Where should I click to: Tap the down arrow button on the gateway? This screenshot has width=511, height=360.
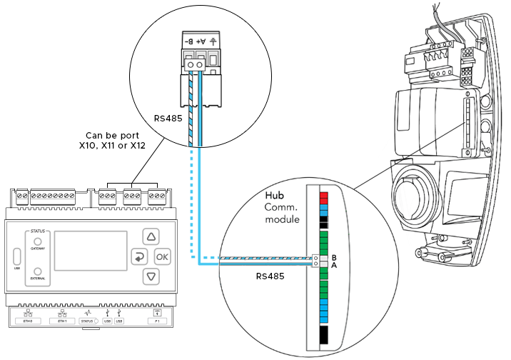pyautogui.click(x=151, y=276)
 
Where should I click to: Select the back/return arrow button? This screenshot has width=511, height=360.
pyautogui.click(x=138, y=256)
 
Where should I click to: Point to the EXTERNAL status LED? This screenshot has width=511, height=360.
pyautogui.click(x=36, y=272)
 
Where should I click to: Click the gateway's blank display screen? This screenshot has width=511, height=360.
pyautogui.click(x=86, y=250)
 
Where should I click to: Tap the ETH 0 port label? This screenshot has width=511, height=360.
pyautogui.click(x=27, y=321)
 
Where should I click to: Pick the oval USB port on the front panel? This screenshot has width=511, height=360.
pyautogui.click(x=16, y=256)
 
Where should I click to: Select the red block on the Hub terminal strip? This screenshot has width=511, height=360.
pyautogui.click(x=323, y=196)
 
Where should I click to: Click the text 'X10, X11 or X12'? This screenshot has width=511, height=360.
pyautogui.click(x=112, y=146)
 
